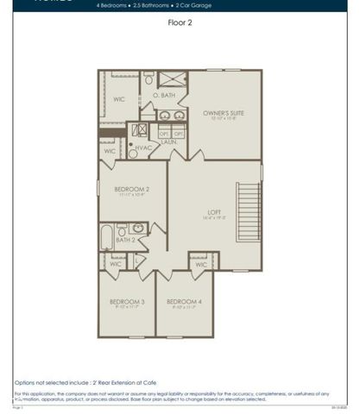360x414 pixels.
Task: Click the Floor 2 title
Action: (x=180, y=24)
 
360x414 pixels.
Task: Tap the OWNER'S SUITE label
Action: (x=223, y=113)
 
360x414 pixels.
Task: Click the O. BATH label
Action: (x=165, y=95)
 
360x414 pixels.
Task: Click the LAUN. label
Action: (x=169, y=142)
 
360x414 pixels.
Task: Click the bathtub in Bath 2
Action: (x=108, y=236)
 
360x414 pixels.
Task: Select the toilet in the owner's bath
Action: (x=148, y=79)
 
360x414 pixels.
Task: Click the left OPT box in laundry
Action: (x=164, y=133)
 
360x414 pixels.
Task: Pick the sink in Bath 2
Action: (x=122, y=230)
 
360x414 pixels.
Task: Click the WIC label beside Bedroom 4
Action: (x=201, y=265)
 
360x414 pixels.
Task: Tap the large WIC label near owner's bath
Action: (x=119, y=99)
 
